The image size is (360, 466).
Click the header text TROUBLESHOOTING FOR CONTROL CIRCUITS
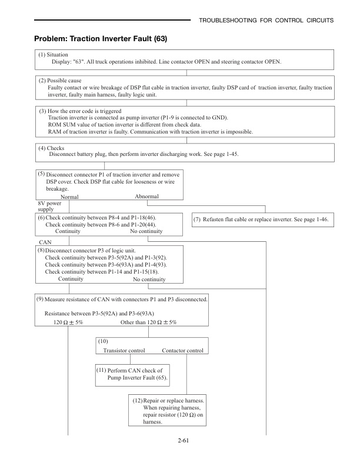pyautogui.click(x=267, y=21)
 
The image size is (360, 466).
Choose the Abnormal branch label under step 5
pyautogui.click(x=146, y=197)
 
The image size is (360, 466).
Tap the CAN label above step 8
pyautogui.click(x=44, y=242)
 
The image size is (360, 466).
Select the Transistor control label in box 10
pyautogui.click(x=124, y=351)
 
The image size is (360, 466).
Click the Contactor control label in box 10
pyautogui.click(x=182, y=351)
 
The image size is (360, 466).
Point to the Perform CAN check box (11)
pyautogui.click(x=133, y=374)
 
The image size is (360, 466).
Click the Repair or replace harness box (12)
pyautogui.click(x=169, y=410)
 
